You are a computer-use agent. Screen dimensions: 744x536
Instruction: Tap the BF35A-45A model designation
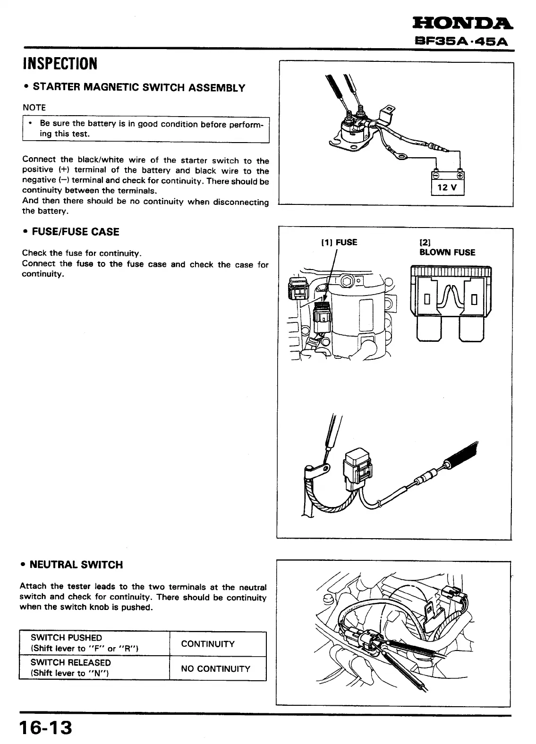point(459,41)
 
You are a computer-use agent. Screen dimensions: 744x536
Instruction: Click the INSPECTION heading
point(60,63)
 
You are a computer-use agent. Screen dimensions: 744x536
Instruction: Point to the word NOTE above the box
point(34,108)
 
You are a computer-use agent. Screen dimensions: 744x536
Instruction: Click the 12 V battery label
point(448,187)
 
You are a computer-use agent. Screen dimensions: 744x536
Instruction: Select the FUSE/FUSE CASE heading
point(75,232)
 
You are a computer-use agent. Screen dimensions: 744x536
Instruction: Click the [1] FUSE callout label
point(340,242)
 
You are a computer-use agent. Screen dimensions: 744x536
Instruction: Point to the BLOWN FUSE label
point(447,252)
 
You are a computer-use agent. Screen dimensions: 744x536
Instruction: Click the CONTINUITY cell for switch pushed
point(208,644)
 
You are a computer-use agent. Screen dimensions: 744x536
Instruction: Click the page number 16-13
point(46,727)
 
